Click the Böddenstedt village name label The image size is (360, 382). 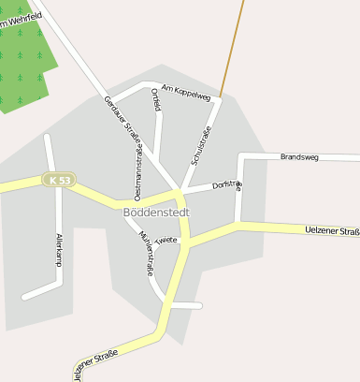tap(156, 212)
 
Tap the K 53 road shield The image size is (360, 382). tap(59, 180)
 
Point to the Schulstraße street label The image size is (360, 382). tap(202, 146)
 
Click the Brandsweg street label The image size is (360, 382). tap(299, 156)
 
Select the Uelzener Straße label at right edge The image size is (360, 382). tap(333, 230)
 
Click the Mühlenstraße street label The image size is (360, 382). tap(146, 252)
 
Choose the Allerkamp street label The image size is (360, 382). tap(58, 251)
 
